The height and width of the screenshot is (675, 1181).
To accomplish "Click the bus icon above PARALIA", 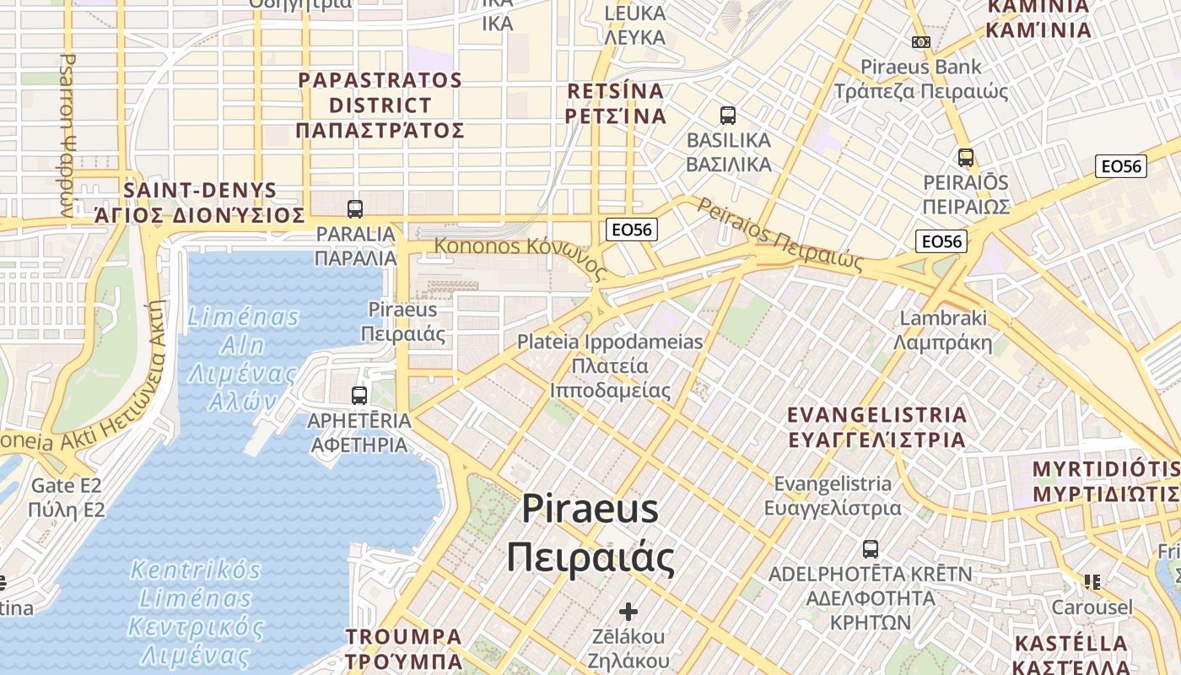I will (355, 208).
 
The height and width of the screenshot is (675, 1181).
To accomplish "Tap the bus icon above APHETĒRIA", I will (359, 395).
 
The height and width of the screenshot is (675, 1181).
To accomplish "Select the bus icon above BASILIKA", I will (728, 115).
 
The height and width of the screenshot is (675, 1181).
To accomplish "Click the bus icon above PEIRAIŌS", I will (966, 158).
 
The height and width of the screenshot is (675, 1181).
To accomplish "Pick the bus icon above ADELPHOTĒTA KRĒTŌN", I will (871, 549).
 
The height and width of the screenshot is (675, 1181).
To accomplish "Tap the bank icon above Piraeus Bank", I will (921, 42).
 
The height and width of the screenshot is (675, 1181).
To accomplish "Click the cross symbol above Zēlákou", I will (628, 611).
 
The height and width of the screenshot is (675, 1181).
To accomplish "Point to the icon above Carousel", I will (1093, 581).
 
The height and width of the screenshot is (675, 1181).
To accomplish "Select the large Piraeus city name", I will (590, 532).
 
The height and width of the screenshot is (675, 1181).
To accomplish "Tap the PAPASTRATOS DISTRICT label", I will (380, 105).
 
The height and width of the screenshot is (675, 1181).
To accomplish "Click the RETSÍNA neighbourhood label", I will (616, 103).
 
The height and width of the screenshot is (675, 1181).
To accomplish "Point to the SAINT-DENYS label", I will (199, 202).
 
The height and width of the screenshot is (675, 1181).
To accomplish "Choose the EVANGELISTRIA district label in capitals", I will (876, 427).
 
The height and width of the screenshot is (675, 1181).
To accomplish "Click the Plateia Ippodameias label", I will (610, 366).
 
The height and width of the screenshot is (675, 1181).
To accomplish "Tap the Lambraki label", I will (943, 331).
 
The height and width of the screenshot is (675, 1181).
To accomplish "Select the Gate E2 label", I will (66, 498).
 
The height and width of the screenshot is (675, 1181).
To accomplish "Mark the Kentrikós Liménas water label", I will (196, 612).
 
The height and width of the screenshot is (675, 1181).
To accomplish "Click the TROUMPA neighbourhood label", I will (404, 649).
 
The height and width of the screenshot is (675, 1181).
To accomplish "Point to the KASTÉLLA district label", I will (1070, 655).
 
